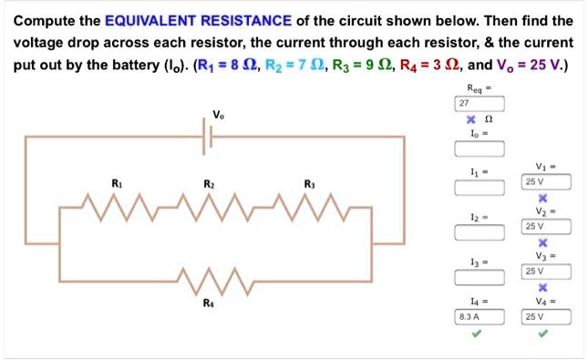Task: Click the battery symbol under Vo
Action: tap(210, 136)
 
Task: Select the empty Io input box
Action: tap(480, 149)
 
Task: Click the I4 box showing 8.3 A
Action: tap(480, 317)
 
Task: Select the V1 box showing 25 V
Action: tap(546, 182)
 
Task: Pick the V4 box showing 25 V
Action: tap(546, 317)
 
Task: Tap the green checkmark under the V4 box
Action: tap(544, 334)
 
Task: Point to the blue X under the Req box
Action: tap(470, 120)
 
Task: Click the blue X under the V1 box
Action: tap(543, 198)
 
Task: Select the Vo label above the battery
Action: tap(217, 115)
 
